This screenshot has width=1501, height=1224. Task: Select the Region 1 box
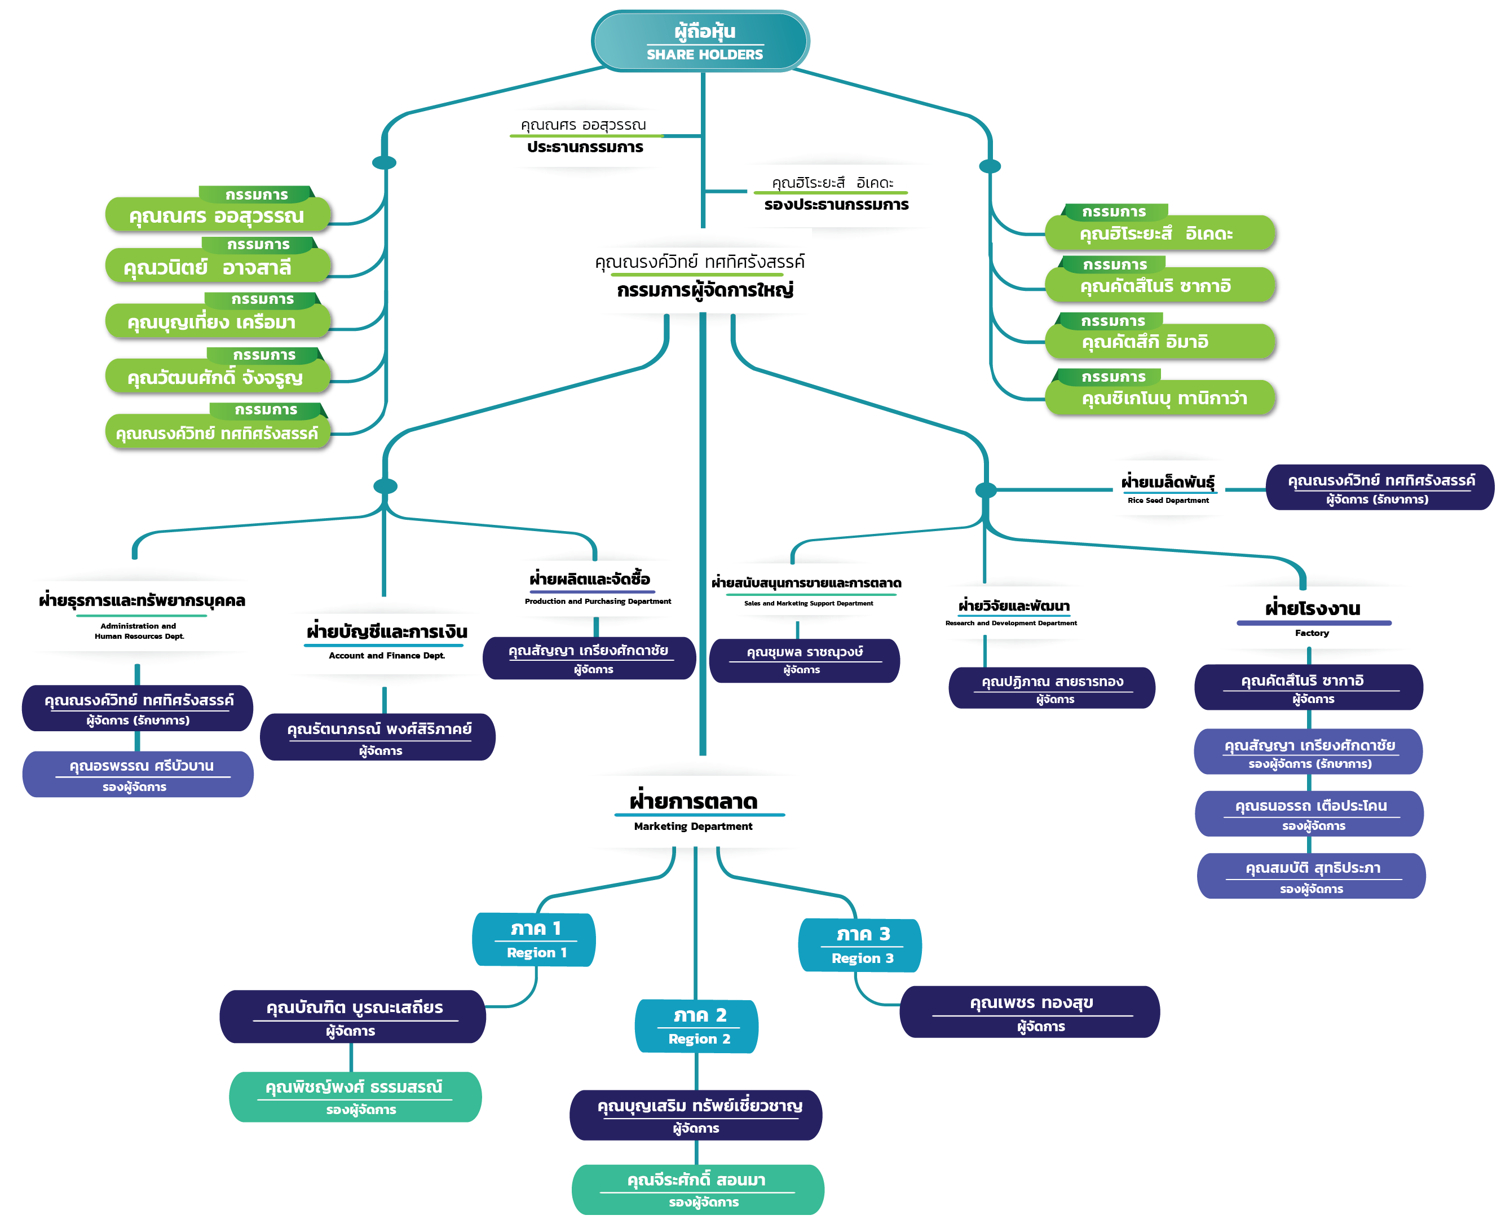[x=534, y=939]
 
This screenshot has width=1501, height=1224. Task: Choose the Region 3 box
[x=859, y=945]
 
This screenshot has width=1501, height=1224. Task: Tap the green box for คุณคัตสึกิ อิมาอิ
[x=1160, y=341]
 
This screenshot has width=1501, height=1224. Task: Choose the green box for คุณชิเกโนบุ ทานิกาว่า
[x=1160, y=397]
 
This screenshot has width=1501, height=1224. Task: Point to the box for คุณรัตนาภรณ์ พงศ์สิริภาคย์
[x=378, y=737]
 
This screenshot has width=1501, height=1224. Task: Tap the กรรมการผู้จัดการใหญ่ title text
[x=704, y=290]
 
